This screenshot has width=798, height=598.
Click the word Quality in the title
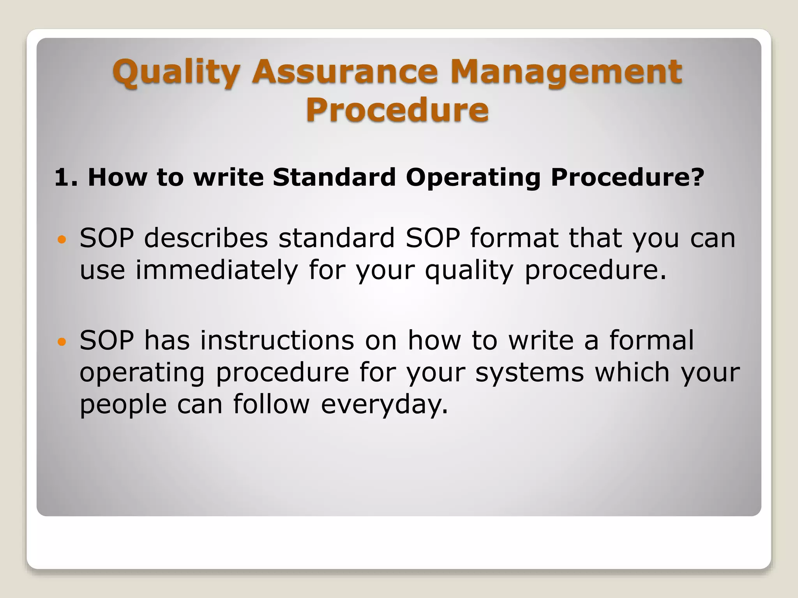(176, 72)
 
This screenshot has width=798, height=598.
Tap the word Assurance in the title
(345, 72)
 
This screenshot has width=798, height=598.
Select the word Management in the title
(566, 72)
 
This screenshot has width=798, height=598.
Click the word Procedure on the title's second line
(397, 109)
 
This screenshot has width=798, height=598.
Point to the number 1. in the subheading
(66, 178)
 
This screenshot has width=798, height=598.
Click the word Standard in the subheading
(334, 178)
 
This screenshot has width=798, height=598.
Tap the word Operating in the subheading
(473, 178)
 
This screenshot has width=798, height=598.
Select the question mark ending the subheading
(697, 178)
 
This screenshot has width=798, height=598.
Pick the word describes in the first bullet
(206, 238)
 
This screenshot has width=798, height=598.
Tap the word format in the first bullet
(514, 238)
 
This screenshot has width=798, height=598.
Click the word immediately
(217, 270)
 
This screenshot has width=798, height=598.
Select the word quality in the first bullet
(470, 270)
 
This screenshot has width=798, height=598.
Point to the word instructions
(277, 341)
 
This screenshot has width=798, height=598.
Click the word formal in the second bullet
(651, 341)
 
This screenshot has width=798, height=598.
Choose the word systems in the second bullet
(529, 373)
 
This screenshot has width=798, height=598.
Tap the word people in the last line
(123, 405)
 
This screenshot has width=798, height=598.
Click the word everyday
(384, 405)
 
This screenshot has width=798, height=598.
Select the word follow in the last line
(271, 405)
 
